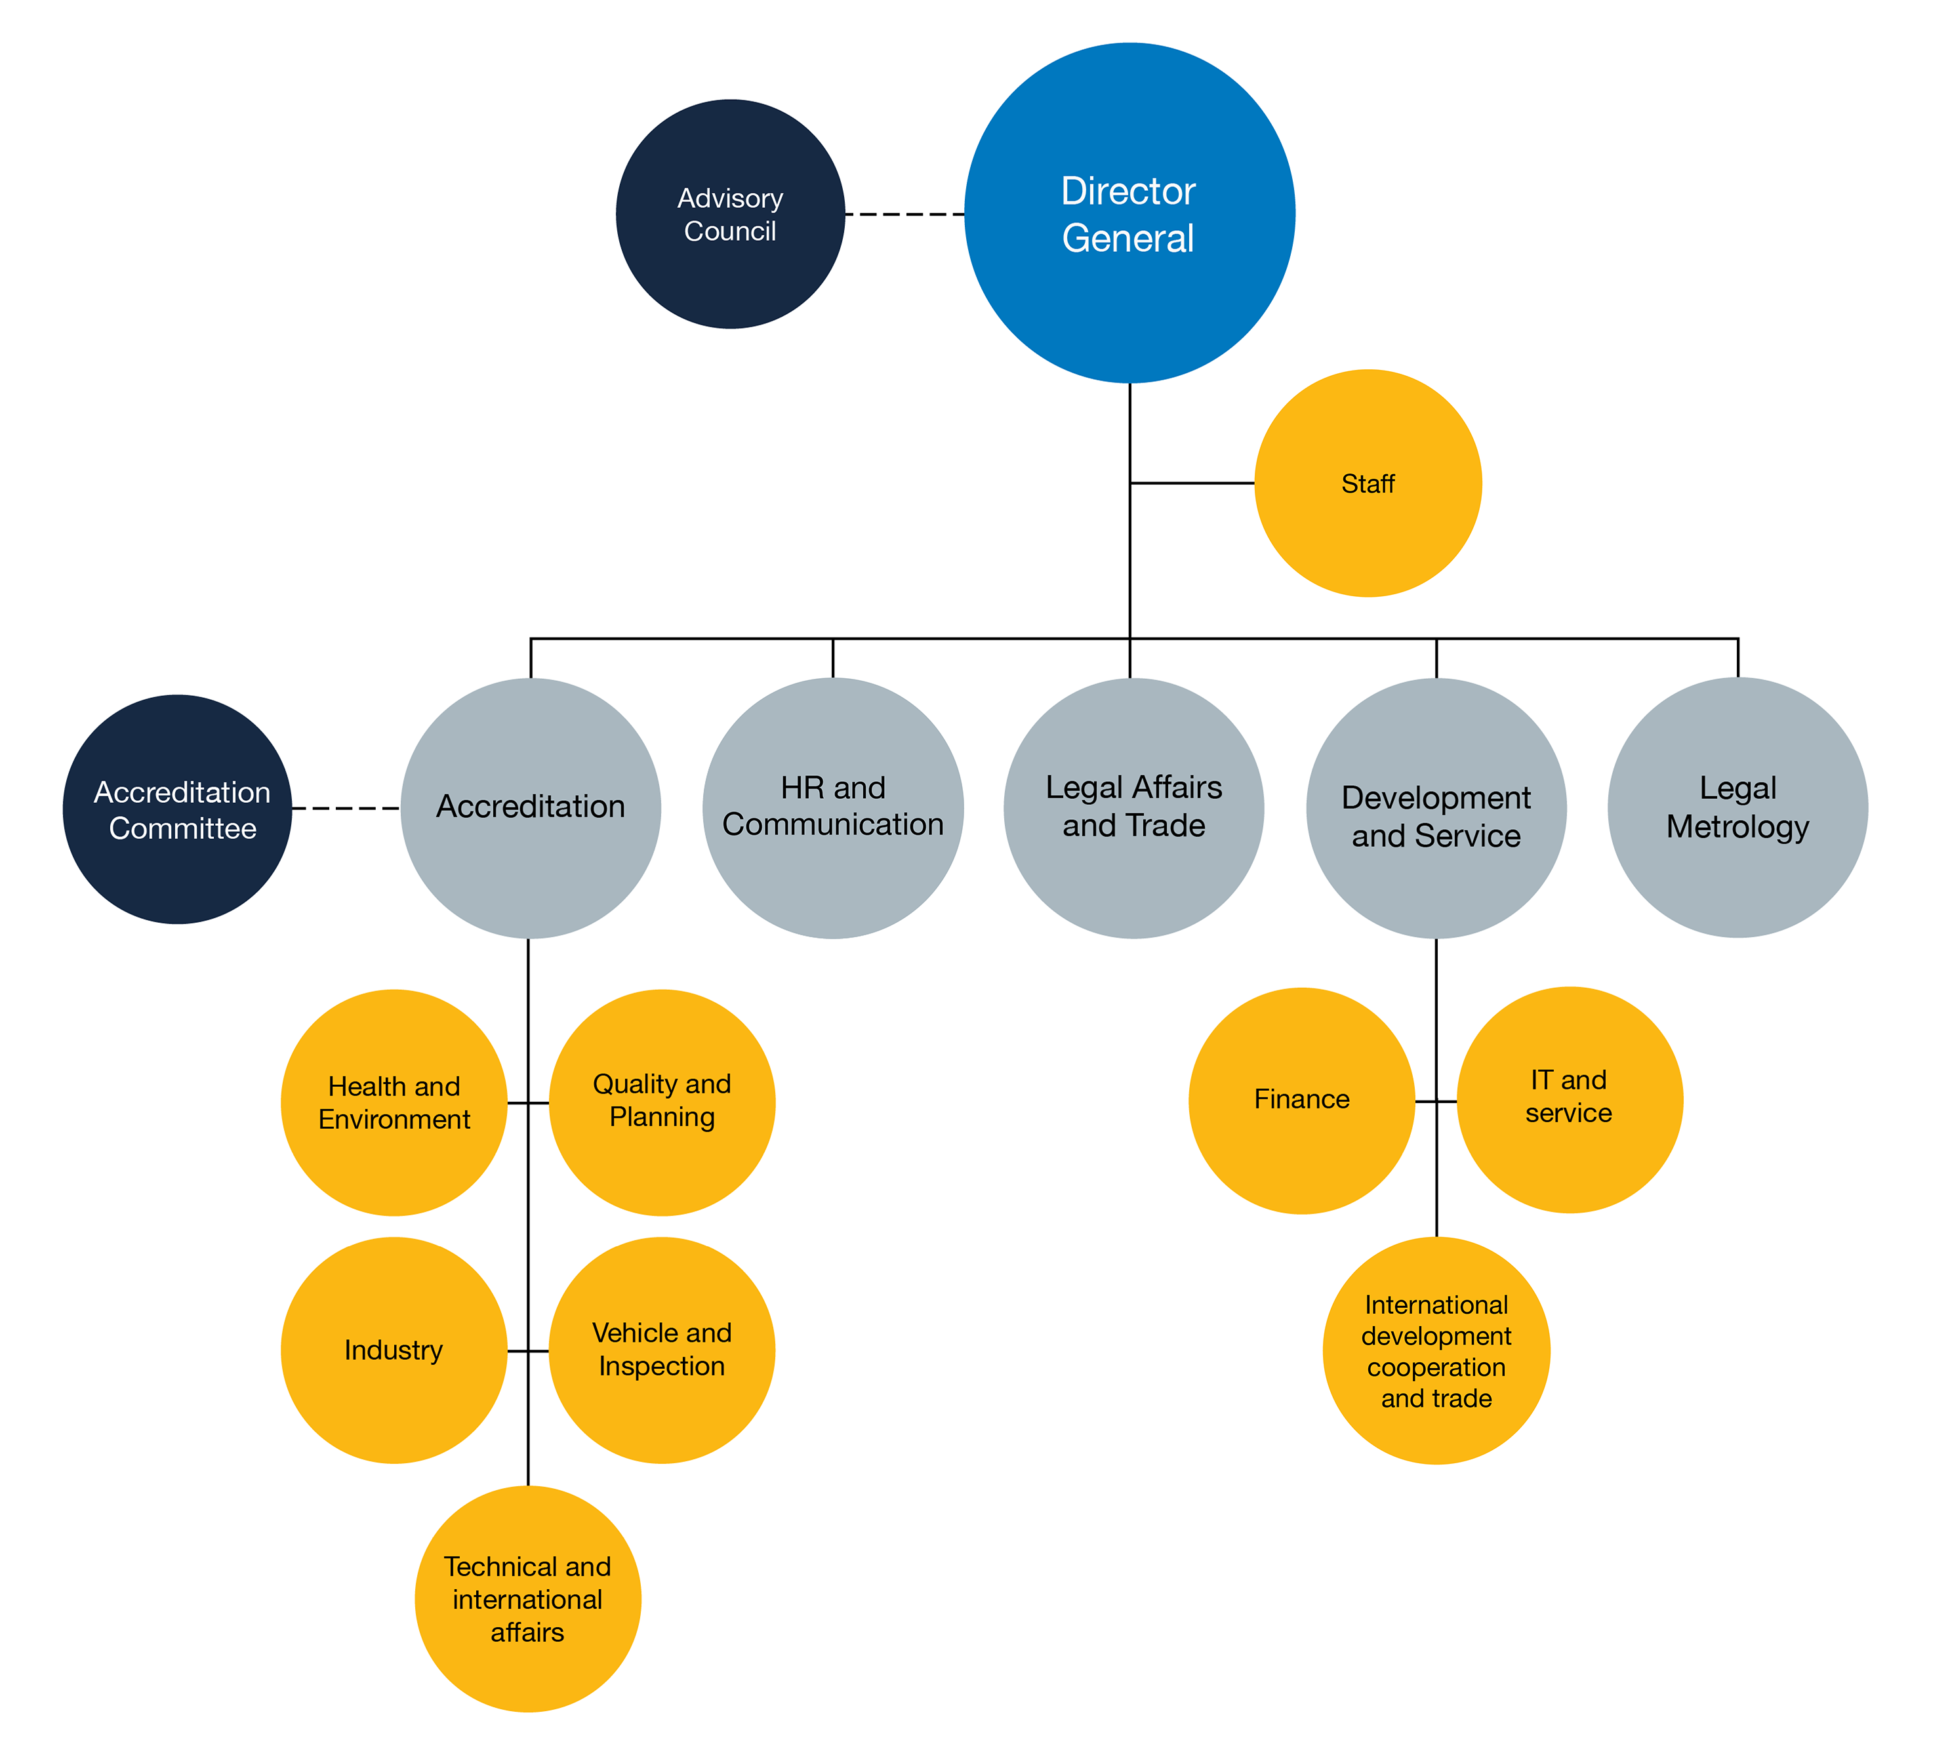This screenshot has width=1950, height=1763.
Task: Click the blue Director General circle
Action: pyautogui.click(x=1129, y=213)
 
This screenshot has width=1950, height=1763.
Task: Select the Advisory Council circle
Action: pyautogui.click(x=730, y=214)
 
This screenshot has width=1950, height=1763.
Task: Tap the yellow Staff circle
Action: pyautogui.click(x=1368, y=483)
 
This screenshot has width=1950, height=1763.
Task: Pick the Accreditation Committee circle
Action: pyautogui.click(x=178, y=809)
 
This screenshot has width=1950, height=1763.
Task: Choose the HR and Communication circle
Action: pyautogui.click(x=833, y=809)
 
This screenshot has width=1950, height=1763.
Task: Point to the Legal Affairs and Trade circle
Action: pyautogui.click(x=1133, y=809)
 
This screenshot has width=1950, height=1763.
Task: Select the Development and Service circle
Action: pyautogui.click(x=1436, y=809)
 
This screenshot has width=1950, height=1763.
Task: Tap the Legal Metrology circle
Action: pyautogui.click(x=1738, y=807)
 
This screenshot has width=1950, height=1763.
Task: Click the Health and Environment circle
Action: pyautogui.click(x=394, y=1103)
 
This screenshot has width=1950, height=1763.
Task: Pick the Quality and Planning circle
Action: pyautogui.click(x=662, y=1103)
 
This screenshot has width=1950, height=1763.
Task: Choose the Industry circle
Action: pyautogui.click(x=394, y=1350)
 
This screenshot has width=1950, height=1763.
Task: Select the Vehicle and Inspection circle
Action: pyautogui.click(x=662, y=1350)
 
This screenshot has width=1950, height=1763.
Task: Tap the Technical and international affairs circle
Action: pyautogui.click(x=528, y=1598)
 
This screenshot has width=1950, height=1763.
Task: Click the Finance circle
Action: pyautogui.click(x=1302, y=1101)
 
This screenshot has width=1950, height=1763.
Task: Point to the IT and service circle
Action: pyautogui.click(x=1570, y=1099)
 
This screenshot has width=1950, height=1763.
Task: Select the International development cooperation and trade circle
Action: pyautogui.click(x=1436, y=1350)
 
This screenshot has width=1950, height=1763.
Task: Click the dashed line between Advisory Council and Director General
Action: pyautogui.click(x=904, y=214)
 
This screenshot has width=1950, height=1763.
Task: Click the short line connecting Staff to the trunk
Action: pyautogui.click(x=1192, y=483)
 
